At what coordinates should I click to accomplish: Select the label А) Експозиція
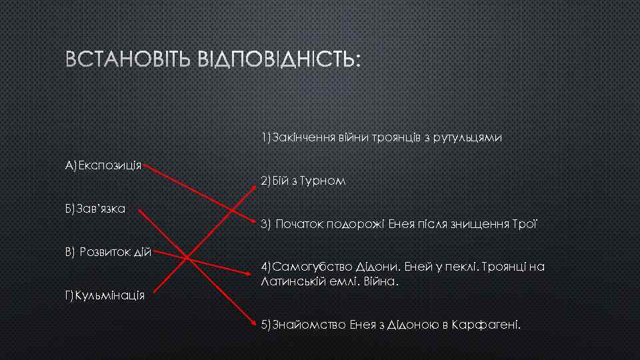pos(103,164)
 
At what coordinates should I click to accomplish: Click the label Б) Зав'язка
pos(96,209)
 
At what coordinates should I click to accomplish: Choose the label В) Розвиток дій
pos(109,252)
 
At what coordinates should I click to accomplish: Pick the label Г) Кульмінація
pos(105,295)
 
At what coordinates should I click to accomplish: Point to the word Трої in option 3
pos(527,225)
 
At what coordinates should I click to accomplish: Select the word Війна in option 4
pos(382,281)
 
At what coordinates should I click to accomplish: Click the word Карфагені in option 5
pos(485,325)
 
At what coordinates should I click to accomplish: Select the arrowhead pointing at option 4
pos(256,272)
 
